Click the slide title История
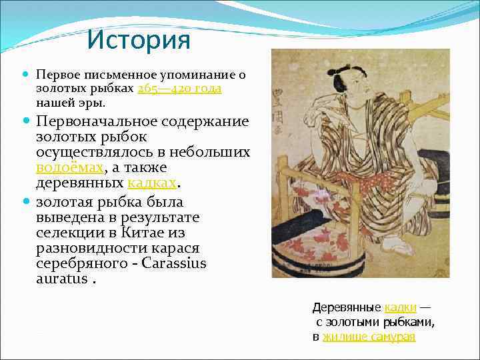pyautogui.click(x=138, y=41)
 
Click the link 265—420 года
pyautogui.click(x=179, y=89)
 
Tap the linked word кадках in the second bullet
pyautogui.click(x=153, y=182)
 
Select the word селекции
pyautogui.click(x=69, y=232)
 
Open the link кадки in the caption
pyautogui.click(x=401, y=307)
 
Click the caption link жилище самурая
pyautogui.click(x=369, y=337)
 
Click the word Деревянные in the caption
pyautogui.click(x=347, y=307)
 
